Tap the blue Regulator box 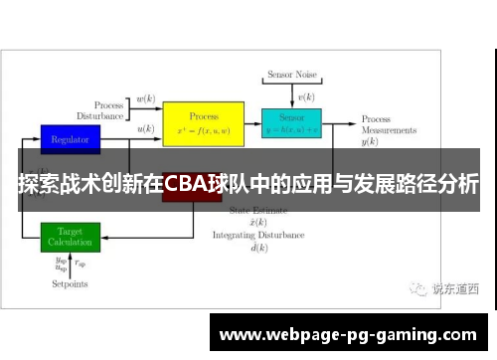(x=70, y=138)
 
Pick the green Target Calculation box (x=70, y=237)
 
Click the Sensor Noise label (x=291, y=75)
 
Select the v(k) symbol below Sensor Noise (x=307, y=97)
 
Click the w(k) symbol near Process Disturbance (x=145, y=99)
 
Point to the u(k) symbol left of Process (x=145, y=129)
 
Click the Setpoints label (x=70, y=283)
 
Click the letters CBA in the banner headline (x=186, y=185)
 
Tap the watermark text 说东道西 (x=454, y=289)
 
